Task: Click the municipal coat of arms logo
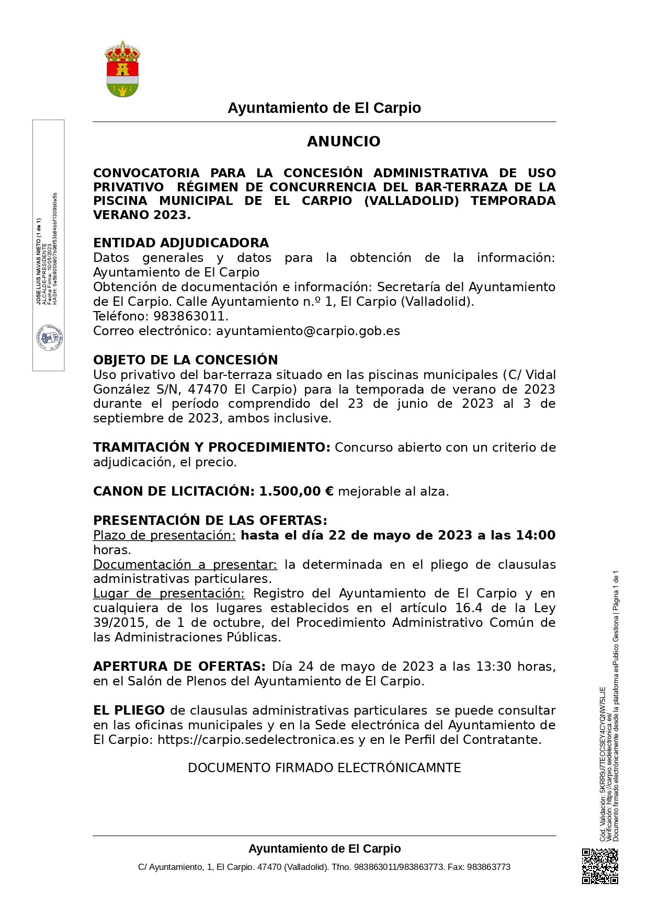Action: [x=122, y=70]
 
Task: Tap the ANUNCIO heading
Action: [x=344, y=142]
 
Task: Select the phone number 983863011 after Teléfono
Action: [x=189, y=316]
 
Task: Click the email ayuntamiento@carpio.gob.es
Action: [x=308, y=331]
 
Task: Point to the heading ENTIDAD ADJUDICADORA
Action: [x=181, y=243]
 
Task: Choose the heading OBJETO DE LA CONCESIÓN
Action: [x=186, y=360]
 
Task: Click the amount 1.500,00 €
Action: [x=296, y=491]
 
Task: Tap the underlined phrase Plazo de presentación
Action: [x=164, y=535]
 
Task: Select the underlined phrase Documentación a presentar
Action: [x=185, y=565]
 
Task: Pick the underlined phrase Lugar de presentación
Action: [x=169, y=593]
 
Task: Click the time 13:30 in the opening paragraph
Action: [x=493, y=667]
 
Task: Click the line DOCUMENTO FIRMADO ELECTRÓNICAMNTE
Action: [x=324, y=768]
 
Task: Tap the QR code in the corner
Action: [x=600, y=866]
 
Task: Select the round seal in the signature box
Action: [x=50, y=338]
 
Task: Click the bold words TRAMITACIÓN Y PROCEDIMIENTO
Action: [x=211, y=448]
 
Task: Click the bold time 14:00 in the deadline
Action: [x=536, y=535]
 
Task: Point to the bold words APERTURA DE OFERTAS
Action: [x=179, y=667]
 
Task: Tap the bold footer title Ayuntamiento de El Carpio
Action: [x=324, y=849]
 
